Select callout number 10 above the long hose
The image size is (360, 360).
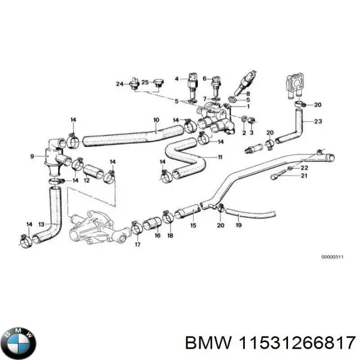click(156, 119)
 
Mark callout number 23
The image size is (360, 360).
click(317, 122)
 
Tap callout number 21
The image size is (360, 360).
click(304, 176)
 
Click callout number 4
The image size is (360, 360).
click(177, 79)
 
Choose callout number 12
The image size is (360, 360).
click(86, 180)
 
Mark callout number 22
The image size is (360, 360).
click(304, 167)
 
